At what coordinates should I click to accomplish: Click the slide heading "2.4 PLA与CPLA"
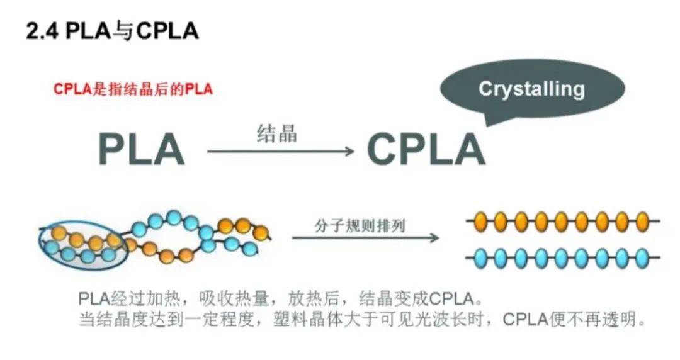point(112,31)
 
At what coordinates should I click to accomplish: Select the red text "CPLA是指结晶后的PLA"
point(133,89)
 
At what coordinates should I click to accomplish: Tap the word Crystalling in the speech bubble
point(531,88)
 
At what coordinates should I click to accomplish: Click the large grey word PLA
point(141,150)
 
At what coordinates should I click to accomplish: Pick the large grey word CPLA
point(426,150)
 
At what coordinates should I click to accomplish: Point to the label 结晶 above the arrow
point(276,133)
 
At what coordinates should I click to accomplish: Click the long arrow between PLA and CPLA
point(280,151)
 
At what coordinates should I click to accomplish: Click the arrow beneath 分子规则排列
point(365,238)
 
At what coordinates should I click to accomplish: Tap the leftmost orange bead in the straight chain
point(480,222)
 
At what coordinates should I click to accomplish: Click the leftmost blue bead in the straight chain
point(480,258)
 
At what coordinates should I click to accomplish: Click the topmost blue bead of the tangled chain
point(174,218)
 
